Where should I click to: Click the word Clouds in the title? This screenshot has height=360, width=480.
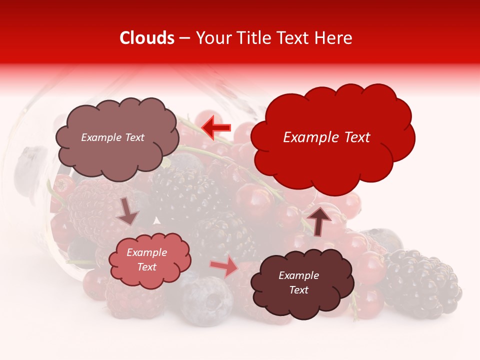pyautogui.click(x=147, y=38)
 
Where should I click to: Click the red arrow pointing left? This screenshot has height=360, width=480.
pyautogui.click(x=216, y=127)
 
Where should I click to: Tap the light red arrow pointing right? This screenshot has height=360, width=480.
pyautogui.click(x=224, y=267)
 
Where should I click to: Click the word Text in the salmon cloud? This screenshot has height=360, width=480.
pyautogui.click(x=147, y=267)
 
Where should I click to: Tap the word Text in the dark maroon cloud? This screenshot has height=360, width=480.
pyautogui.click(x=299, y=290)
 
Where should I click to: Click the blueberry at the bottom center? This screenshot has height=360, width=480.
pyautogui.click(x=206, y=299)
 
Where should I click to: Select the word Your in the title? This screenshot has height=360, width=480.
pyautogui.click(x=211, y=38)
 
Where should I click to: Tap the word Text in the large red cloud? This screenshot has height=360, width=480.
pyautogui.click(x=356, y=137)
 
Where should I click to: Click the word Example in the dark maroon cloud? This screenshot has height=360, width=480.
pyautogui.click(x=299, y=275)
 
